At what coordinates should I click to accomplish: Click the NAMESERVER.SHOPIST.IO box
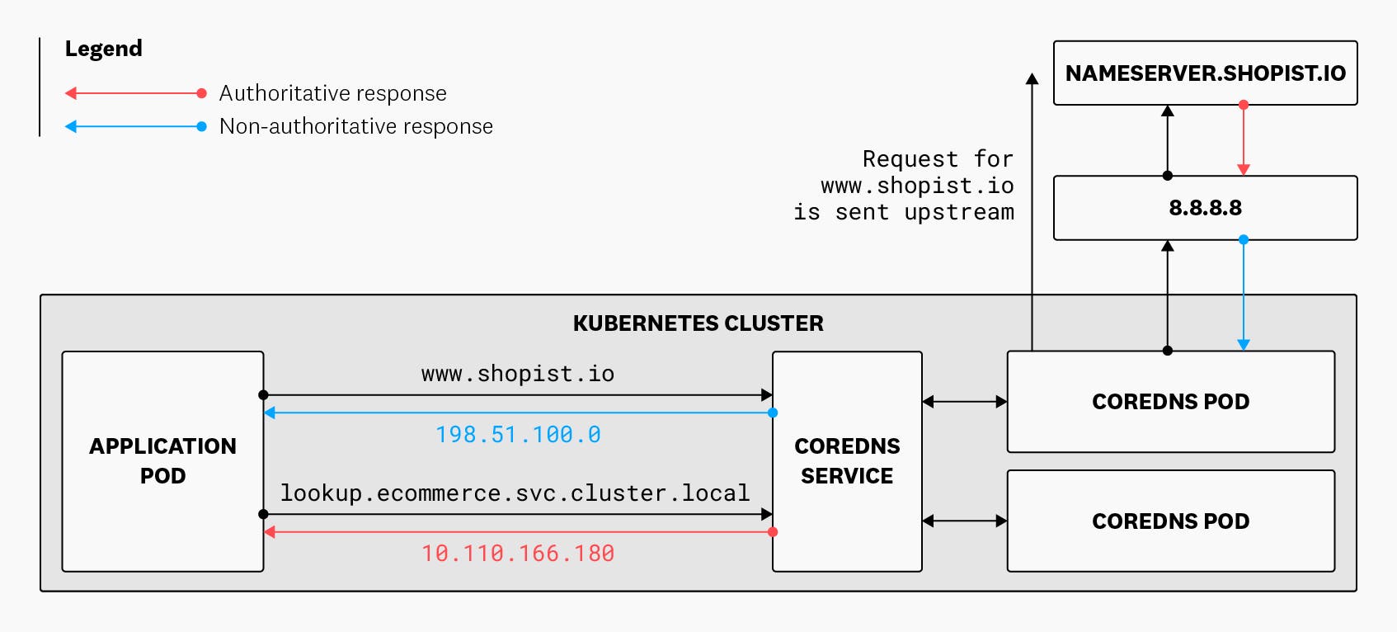(x=1205, y=73)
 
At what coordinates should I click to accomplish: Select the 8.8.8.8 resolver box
(x=1205, y=208)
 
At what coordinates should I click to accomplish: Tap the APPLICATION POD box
(x=162, y=461)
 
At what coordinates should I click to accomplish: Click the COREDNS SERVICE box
(x=847, y=461)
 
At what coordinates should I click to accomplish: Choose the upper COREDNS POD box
(x=1170, y=402)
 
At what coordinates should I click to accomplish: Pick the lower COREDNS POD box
(x=1170, y=521)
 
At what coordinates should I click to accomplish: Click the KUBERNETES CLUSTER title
(x=698, y=323)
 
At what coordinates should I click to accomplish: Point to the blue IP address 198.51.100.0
(x=518, y=435)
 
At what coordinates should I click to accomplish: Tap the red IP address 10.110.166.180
(x=518, y=554)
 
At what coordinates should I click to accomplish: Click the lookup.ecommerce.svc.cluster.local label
(x=515, y=493)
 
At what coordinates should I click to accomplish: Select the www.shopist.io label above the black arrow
(x=518, y=374)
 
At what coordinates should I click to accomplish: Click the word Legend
(x=104, y=49)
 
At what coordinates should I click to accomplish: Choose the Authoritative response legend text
(x=332, y=93)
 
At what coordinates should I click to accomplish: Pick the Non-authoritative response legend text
(x=355, y=126)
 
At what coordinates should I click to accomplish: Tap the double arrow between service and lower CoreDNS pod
(x=964, y=521)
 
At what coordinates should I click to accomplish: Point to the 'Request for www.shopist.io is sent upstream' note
(x=904, y=186)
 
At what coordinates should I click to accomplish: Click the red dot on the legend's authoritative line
(x=201, y=93)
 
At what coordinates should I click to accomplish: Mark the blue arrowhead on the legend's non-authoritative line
(x=71, y=126)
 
